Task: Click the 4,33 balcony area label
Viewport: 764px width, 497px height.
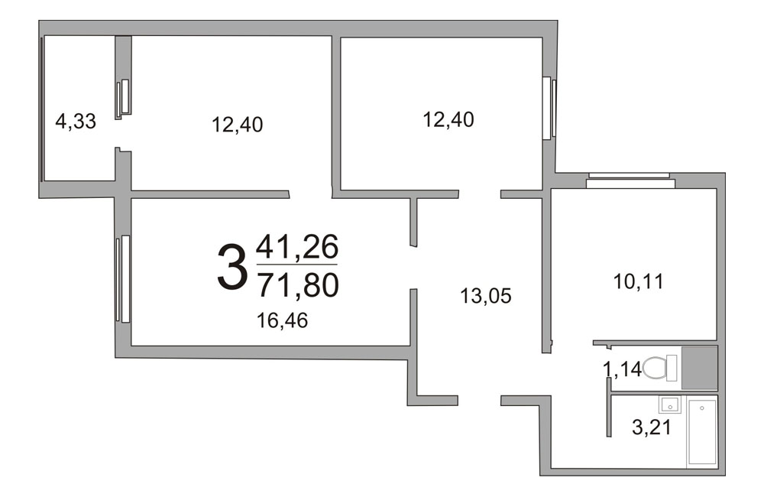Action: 76,121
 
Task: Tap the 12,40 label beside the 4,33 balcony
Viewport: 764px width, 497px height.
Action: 238,125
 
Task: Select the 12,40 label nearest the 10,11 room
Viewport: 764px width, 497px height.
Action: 448,119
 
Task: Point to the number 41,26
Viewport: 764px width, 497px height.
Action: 297,247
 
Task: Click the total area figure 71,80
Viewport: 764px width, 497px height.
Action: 298,285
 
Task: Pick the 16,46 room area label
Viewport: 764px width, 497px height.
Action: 283,320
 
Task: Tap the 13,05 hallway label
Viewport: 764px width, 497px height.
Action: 486,296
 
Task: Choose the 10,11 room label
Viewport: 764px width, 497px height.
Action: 638,281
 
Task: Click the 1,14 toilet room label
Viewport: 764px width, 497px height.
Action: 622,369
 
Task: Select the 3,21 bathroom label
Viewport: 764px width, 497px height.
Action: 652,427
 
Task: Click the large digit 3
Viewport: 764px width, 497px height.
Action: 231,268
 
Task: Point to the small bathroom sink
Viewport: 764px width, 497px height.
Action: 670,404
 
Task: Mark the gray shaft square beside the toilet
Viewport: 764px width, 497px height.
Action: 699,367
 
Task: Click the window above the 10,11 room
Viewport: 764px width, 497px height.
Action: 630,180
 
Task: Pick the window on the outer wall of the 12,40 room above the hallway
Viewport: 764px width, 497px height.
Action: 549,108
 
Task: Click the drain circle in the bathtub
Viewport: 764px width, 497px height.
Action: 702,408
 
